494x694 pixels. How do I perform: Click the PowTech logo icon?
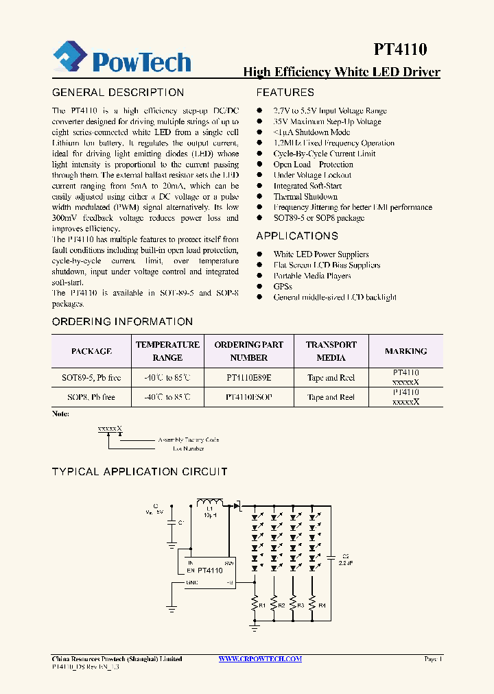[71, 58]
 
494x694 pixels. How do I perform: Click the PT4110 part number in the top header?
[400, 49]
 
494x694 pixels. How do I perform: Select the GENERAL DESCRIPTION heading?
[118, 93]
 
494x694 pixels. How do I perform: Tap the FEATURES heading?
[285, 93]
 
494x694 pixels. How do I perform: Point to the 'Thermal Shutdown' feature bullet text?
[305, 197]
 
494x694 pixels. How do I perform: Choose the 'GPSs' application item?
[283, 287]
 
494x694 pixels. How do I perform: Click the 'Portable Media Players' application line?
[312, 276]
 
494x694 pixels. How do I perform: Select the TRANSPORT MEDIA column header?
[331, 351]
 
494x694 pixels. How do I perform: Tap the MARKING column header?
[405, 351]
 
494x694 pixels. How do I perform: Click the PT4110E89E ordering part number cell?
[248, 378]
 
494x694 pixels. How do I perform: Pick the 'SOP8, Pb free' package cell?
[91, 397]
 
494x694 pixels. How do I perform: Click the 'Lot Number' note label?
[188, 448]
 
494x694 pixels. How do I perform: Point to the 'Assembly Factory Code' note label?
[189, 440]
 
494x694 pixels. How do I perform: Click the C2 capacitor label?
[346, 555]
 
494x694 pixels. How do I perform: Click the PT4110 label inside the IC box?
[208, 571]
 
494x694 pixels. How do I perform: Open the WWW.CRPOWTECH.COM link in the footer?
[260, 659]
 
